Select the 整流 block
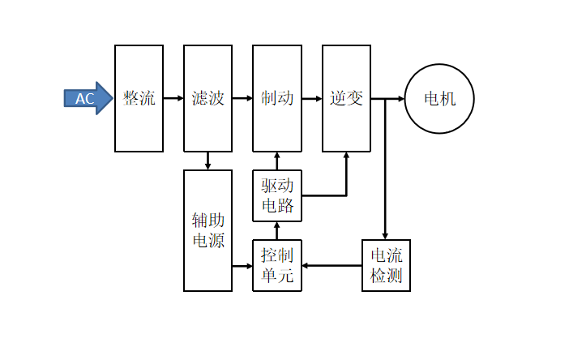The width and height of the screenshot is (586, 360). pos(139,98)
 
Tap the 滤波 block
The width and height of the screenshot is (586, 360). pos(207,98)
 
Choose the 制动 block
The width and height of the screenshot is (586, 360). pos(277,98)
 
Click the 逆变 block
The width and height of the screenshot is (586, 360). pos(346,98)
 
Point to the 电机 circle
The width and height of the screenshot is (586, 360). pos(439,99)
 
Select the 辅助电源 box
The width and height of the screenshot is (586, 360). pos(207,230)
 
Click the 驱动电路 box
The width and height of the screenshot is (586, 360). pos(277,195)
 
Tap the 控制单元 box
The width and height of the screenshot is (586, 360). pos(277,265)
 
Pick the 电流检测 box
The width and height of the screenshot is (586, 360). pos(386,265)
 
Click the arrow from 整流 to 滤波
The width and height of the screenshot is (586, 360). pos(173,98)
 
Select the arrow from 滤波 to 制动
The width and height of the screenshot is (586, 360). pos(242,98)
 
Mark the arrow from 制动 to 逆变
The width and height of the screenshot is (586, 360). pos(312,98)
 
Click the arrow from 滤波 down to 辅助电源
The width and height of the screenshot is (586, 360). pos(208,161)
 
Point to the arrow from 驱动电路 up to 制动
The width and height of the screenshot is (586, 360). pos(277,161)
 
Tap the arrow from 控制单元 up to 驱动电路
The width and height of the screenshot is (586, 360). pos(277,230)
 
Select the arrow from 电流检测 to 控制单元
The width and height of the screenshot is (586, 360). pos(331,265)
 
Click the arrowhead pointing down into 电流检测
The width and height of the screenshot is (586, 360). pos(385,234)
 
